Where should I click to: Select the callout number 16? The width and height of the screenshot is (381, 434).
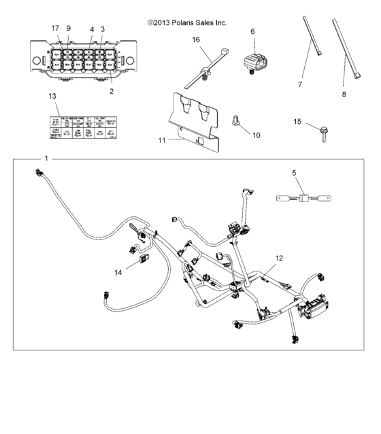tap(196, 40)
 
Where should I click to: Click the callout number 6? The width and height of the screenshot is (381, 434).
tap(252, 32)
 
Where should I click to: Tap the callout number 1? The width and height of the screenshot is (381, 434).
tap(46, 158)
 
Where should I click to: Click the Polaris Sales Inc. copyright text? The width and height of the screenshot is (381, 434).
tap(187, 22)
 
